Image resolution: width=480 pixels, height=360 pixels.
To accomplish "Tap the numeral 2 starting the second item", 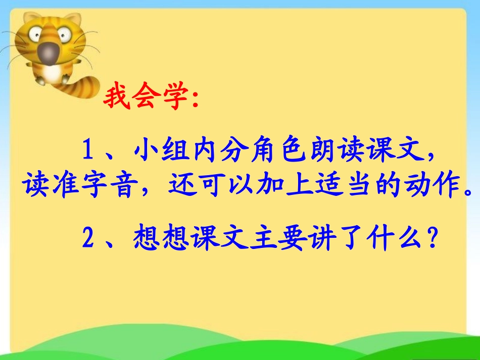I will pyautogui.click(x=88, y=238).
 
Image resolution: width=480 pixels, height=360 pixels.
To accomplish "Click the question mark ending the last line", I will pyautogui.click(x=432, y=238).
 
